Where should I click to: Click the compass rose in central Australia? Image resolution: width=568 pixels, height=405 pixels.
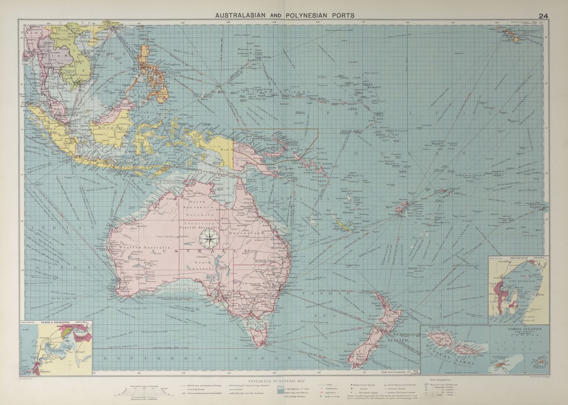[x=209, y=239]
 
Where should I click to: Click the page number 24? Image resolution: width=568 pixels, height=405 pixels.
[x=543, y=15]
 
